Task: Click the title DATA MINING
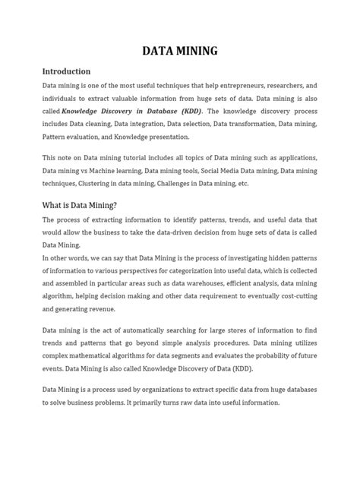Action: [x=180, y=51]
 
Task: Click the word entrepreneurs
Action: [x=247, y=86]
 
